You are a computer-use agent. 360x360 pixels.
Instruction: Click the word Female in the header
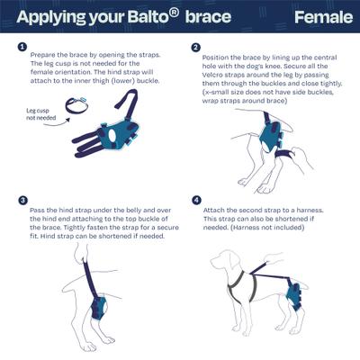pyautogui.click(x=320, y=17)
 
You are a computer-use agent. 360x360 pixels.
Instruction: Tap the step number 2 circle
pyautogui.click(x=195, y=47)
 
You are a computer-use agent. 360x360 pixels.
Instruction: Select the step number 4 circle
pyautogui.click(x=195, y=200)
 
